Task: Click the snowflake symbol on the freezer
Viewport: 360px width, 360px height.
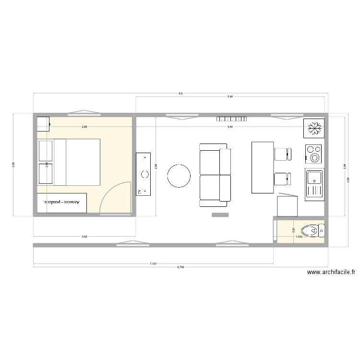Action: coord(314,129)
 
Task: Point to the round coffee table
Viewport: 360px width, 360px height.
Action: coord(178,176)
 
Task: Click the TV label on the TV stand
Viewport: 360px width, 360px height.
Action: coord(140,192)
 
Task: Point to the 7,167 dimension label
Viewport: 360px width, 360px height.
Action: coord(153,264)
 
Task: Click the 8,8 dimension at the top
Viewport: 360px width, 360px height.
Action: coord(180,94)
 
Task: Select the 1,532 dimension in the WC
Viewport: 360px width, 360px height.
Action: coord(298,236)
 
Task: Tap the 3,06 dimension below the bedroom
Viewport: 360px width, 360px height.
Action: coord(84,236)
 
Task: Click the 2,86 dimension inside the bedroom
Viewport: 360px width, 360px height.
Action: coord(84,127)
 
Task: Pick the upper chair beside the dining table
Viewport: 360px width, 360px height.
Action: coord(282,154)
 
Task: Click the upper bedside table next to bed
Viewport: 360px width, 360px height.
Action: coord(46,151)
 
